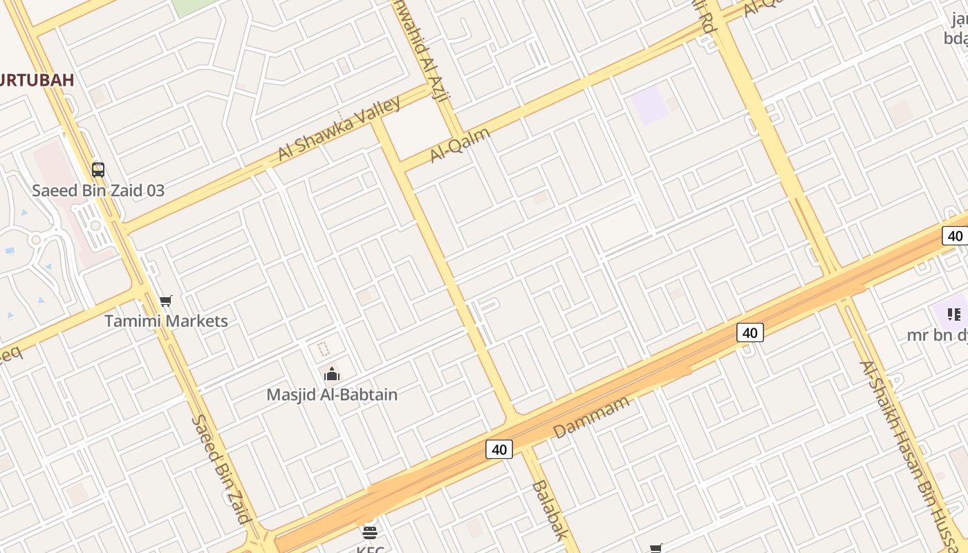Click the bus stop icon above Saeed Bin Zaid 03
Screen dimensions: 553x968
pyautogui.click(x=98, y=169)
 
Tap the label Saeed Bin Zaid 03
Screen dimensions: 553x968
pyautogui.click(x=98, y=190)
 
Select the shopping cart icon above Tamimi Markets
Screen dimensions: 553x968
pyautogui.click(x=165, y=301)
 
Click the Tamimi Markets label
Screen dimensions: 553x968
pyautogui.click(x=166, y=321)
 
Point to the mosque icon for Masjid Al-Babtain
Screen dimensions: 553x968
pyautogui.click(x=332, y=374)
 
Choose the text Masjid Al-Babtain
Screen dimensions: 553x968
pyautogui.click(x=332, y=395)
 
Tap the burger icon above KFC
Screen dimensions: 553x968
pyautogui.click(x=370, y=532)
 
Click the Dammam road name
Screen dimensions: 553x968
pyautogui.click(x=592, y=417)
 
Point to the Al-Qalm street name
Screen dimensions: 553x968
pyautogui.click(x=460, y=144)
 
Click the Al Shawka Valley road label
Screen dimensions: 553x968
pyautogui.click(x=339, y=129)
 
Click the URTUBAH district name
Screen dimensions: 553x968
pyautogui.click(x=37, y=79)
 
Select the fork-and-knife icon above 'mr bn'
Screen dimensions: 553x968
pyautogui.click(x=954, y=315)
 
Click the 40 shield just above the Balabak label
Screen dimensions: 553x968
pyautogui.click(x=499, y=449)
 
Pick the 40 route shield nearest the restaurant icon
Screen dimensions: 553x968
pyautogui.click(x=955, y=236)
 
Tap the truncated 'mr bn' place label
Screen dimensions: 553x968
pyautogui.click(x=937, y=335)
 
